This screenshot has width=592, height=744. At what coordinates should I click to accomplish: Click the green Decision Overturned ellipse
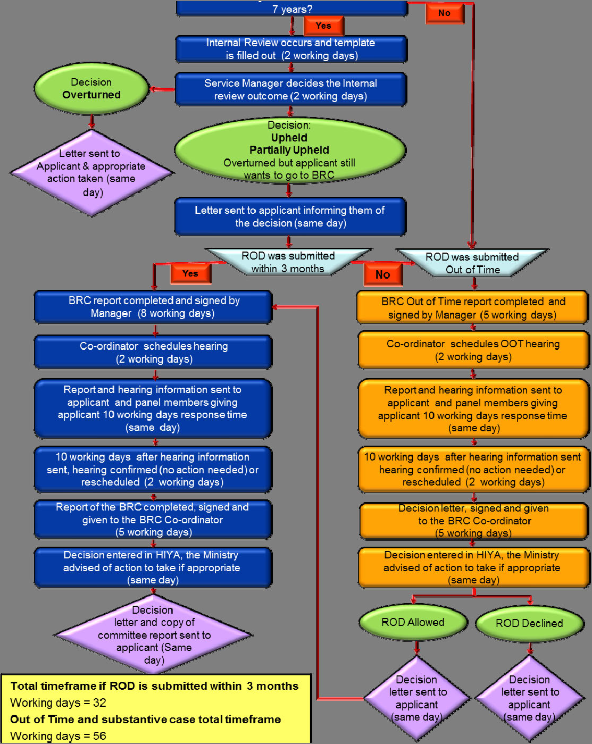[91, 89]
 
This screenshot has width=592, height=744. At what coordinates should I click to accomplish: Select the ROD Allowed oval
[413, 622]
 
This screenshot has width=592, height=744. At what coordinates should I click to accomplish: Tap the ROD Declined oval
[529, 623]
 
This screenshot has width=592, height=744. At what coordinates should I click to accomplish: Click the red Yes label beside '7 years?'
[323, 26]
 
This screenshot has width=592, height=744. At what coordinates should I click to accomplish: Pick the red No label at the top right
[445, 13]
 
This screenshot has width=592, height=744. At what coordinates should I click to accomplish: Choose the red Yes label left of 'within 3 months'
[190, 273]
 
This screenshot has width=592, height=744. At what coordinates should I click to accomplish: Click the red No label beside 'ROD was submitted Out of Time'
[383, 274]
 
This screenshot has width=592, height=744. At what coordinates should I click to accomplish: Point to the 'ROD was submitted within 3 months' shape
[288, 262]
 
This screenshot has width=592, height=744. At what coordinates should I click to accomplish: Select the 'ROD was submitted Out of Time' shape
[472, 263]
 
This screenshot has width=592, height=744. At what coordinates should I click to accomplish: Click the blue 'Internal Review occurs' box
[291, 49]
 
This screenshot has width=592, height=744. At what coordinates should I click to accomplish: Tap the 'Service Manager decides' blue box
[291, 89]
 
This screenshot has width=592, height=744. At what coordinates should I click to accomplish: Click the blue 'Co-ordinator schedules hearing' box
[153, 352]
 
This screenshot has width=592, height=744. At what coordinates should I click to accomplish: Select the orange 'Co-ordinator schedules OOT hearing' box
[473, 350]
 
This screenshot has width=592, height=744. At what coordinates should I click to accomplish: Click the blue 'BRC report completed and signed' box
[153, 307]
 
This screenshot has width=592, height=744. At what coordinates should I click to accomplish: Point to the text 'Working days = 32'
[59, 703]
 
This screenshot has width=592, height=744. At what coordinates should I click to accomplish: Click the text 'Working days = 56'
[59, 736]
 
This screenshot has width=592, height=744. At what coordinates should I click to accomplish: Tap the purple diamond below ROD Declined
[530, 698]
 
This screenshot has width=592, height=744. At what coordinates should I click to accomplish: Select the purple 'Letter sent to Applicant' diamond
[91, 173]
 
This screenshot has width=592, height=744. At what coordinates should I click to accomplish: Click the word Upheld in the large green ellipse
[289, 138]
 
